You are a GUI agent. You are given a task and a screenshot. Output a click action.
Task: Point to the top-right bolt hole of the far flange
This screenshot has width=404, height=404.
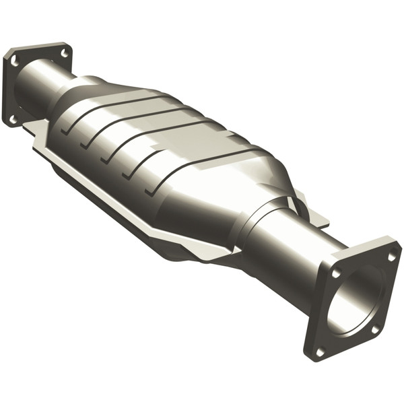point(65,52)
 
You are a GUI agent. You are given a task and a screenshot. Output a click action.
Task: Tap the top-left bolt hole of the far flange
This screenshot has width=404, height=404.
point(13,61)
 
